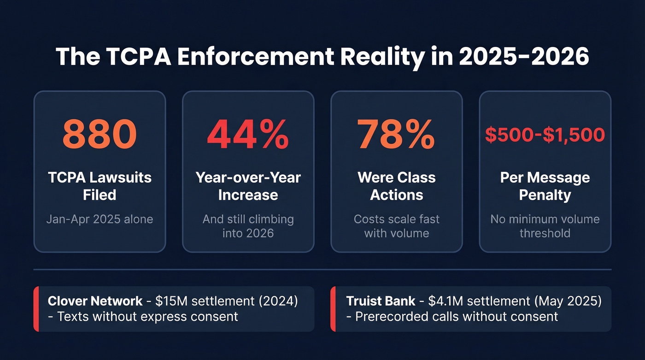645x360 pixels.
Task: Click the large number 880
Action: [100, 135]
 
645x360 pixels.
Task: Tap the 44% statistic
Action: [248, 135]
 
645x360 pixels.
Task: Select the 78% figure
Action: [396, 135]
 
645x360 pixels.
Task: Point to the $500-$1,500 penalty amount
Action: [545, 135]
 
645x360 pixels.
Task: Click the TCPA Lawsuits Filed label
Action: [100, 186]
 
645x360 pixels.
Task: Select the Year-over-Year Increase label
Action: [248, 186]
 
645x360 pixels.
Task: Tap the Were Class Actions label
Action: [396, 186]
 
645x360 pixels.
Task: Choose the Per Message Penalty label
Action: [545, 186]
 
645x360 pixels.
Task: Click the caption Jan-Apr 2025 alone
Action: [100, 218]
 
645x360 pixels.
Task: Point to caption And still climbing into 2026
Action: [248, 225]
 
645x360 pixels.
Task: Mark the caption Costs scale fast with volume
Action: [396, 225]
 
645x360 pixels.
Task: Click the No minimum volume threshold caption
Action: [545, 225]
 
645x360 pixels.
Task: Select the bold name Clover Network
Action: [95, 301]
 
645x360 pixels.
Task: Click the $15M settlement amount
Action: [168, 301]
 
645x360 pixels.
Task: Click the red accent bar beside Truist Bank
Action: [333, 309]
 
